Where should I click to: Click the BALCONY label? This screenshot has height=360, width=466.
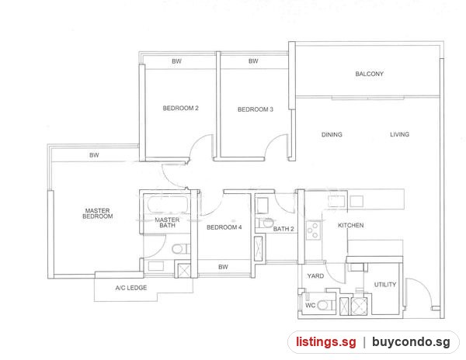tap(370, 74)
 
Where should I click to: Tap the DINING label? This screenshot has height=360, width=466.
tap(332, 134)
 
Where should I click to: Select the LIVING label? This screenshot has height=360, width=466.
tap(399, 134)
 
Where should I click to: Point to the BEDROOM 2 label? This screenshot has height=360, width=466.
tap(180, 109)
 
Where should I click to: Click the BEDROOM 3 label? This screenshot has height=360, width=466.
tap(256, 109)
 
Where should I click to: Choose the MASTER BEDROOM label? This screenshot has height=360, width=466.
tap(98, 213)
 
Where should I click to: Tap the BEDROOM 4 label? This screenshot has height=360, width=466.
tap(224, 227)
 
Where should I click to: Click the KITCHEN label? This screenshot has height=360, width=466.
tap(351, 225)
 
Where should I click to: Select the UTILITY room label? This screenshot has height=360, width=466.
tap(385, 285)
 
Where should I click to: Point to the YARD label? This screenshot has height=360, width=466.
tap(315, 276)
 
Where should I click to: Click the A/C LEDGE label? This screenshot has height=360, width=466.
tap(131, 288)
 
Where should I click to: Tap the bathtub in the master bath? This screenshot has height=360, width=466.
tap(168, 205)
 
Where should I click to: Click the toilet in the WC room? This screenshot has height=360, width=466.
tap(325, 305)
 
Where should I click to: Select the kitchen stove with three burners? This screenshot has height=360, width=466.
tap(313, 230)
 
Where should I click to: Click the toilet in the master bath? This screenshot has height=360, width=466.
tap(181, 249)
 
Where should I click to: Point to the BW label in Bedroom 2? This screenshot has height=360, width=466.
tap(176, 61)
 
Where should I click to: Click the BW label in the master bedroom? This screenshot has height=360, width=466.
tap(94, 155)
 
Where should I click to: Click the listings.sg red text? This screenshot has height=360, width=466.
tap(325, 342)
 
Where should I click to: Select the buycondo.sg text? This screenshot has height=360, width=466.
tap(411, 342)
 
